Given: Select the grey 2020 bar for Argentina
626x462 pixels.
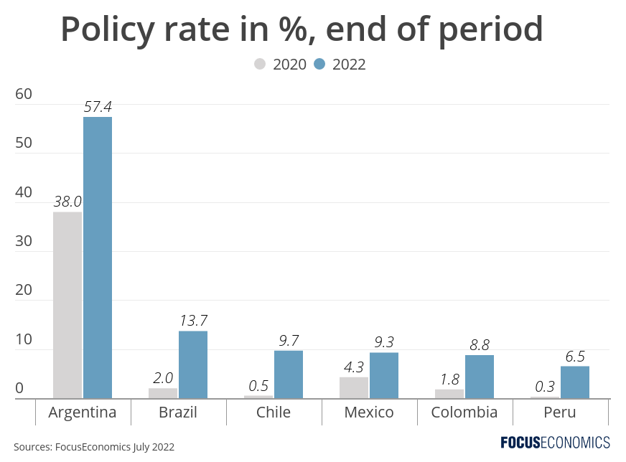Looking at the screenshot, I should click(x=67, y=305).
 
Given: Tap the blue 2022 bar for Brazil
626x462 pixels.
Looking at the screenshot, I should click(x=193, y=364).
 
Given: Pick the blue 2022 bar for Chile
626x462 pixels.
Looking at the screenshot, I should click(x=289, y=374).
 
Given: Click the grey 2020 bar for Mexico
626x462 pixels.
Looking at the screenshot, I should click(x=354, y=387).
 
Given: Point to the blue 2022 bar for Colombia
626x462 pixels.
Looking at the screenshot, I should click(x=480, y=376).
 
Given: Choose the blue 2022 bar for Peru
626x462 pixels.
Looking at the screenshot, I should click(x=575, y=382).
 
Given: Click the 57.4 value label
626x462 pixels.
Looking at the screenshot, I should click(x=98, y=107).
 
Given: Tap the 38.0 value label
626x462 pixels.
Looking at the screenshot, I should click(x=67, y=202).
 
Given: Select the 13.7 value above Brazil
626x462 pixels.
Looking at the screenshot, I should click(x=193, y=320).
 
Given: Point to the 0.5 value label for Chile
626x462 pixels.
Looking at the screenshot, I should click(x=258, y=385).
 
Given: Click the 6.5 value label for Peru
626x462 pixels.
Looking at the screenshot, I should click(x=575, y=357).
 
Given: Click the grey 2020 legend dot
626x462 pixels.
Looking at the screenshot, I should click(x=260, y=65).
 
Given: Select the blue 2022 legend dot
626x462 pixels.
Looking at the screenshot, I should click(x=320, y=65).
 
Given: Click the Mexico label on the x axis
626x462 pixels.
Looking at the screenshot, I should click(x=369, y=412).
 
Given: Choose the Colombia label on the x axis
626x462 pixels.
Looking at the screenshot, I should click(x=464, y=412).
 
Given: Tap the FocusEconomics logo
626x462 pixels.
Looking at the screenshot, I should click(x=555, y=442).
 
